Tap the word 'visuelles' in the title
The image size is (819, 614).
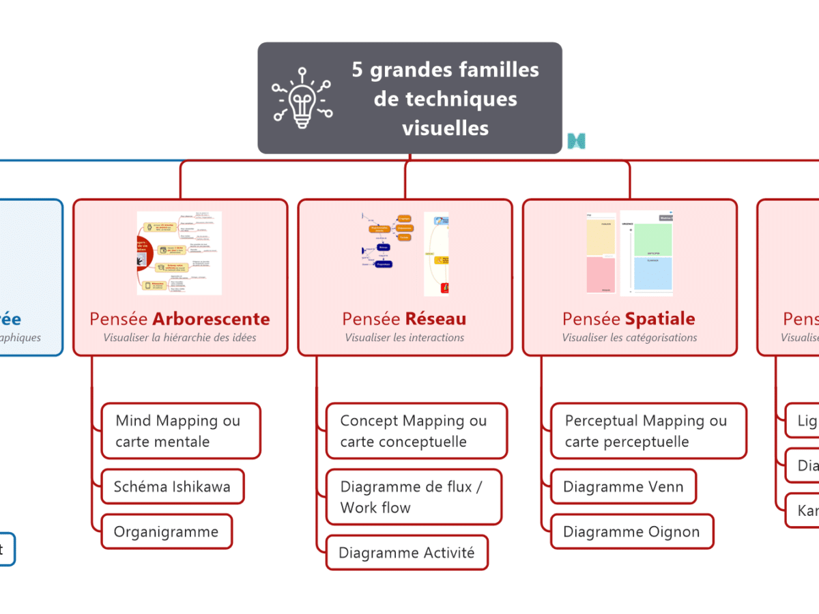click(445, 128)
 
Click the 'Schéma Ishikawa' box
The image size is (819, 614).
click(172, 486)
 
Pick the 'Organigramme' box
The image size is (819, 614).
click(166, 531)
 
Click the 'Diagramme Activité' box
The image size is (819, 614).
click(407, 553)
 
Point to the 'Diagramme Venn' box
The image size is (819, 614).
click(623, 486)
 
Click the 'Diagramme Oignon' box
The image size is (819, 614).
click(631, 531)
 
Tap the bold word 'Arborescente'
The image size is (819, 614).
click(211, 319)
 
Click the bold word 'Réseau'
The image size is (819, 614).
click(435, 319)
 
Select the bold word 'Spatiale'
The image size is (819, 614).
click(660, 319)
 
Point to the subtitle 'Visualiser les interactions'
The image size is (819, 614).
click(405, 337)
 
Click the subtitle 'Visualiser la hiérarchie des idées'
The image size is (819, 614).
click(180, 337)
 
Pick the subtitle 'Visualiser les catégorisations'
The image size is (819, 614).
click(629, 337)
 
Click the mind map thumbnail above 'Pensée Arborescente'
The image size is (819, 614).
click(179, 253)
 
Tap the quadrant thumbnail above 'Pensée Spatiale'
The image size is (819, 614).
click(629, 253)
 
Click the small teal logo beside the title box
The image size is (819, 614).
click(577, 141)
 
